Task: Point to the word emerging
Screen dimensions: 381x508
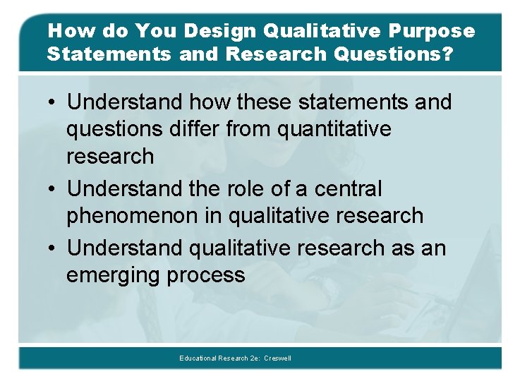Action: click(114, 275)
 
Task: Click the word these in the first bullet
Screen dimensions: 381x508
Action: click(267, 102)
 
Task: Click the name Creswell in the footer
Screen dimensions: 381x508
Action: click(277, 358)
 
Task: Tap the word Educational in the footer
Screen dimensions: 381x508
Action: click(198, 358)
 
